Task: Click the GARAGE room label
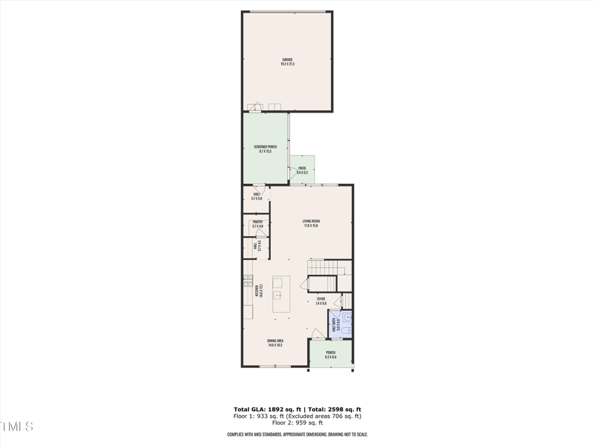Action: [x=287, y=59]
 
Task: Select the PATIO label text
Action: [x=302, y=168]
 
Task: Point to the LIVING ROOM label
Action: [x=311, y=221]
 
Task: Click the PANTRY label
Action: [x=257, y=221]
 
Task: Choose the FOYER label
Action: [x=321, y=299]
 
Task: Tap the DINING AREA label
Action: [x=275, y=340]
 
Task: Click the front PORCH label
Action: [x=330, y=352]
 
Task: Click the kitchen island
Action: [x=281, y=294]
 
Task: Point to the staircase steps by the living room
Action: [x=328, y=267]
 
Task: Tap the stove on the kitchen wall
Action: [x=248, y=281]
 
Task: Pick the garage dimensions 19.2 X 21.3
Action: [x=287, y=64]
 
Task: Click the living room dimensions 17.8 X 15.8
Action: [x=311, y=226]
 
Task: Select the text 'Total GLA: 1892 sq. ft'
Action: [x=265, y=410]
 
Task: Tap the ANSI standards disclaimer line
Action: [x=297, y=434]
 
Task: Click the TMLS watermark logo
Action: [x=16, y=427]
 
